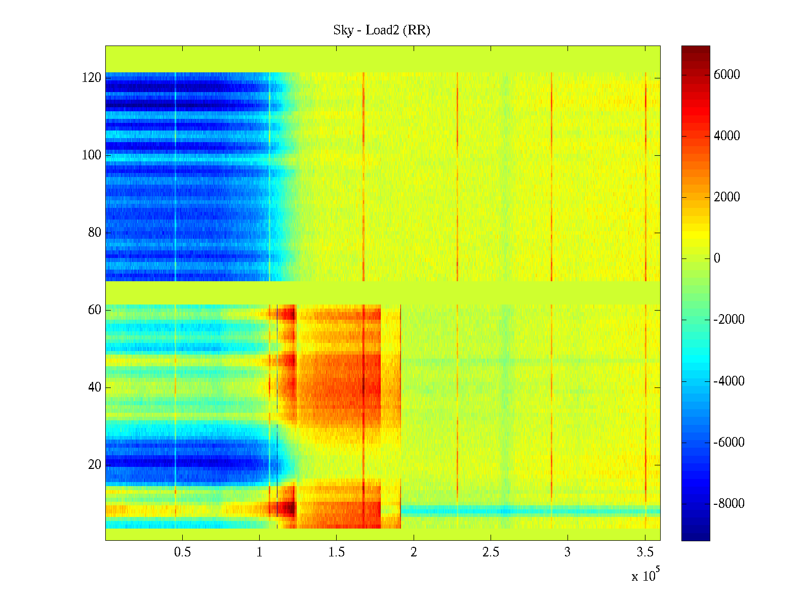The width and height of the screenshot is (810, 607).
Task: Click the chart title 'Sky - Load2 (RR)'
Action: (382, 30)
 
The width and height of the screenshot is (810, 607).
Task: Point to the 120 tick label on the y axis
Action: (91, 78)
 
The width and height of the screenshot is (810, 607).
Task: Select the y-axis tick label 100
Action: (91, 155)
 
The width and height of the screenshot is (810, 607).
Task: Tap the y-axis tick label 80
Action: (95, 233)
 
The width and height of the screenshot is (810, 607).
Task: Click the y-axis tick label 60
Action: (95, 310)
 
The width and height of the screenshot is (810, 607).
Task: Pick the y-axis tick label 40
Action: (95, 387)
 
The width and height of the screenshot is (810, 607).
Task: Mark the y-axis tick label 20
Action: (95, 465)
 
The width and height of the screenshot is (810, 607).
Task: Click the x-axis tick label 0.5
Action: (182, 552)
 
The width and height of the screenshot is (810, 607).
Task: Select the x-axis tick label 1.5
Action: (336, 552)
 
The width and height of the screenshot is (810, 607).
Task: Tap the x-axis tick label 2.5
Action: (491, 552)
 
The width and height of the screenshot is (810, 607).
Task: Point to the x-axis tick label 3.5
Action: (644, 552)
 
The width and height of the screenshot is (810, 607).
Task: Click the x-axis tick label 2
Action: (414, 552)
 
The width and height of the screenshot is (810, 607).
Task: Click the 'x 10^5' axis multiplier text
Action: (645, 575)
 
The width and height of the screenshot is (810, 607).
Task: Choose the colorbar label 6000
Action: (726, 75)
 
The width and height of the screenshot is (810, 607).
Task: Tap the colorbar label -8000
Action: (729, 503)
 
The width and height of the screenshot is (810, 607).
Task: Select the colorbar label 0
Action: (717, 258)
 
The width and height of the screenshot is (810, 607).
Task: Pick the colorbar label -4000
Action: (729, 381)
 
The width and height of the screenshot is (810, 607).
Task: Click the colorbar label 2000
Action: (726, 197)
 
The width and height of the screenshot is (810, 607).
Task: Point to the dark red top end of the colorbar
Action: (696, 48)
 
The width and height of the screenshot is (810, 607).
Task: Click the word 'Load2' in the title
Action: (382, 30)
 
